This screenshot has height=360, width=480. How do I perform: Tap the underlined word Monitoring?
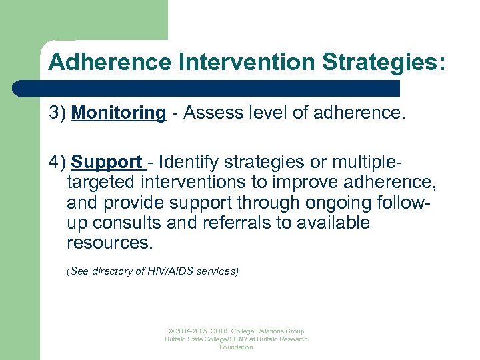click(119, 113)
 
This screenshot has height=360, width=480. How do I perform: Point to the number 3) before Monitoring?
click(57, 113)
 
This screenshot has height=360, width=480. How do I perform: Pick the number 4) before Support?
click(57, 162)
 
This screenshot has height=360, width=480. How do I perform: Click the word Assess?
click(211, 113)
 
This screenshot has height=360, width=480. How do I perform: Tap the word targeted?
click(106, 182)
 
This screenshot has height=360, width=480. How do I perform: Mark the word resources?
click(109, 242)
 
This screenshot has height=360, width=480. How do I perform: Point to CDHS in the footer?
click(221, 331)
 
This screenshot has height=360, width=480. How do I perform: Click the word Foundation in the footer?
click(237, 347)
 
